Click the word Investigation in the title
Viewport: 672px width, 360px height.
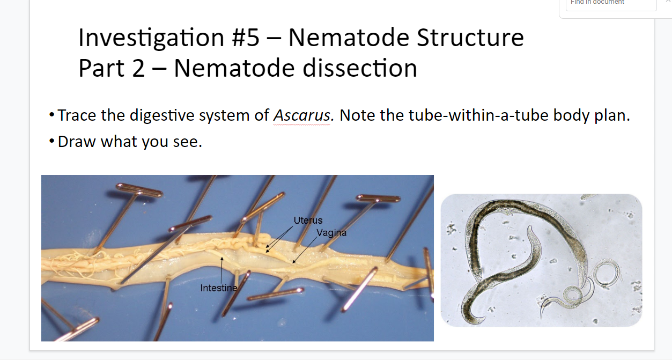151,38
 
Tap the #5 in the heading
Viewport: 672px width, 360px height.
246,38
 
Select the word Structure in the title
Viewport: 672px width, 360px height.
470,38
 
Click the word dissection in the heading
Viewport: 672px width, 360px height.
360,68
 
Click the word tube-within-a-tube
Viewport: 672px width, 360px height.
464,115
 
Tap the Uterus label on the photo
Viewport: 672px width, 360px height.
308,221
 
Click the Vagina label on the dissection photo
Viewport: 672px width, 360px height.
331,233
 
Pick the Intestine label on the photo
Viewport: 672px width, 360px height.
219,288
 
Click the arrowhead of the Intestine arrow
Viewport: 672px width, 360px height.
222,258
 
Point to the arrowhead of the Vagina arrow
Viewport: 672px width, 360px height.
294,262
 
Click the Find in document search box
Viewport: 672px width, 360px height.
611,4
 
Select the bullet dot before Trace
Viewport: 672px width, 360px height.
52,115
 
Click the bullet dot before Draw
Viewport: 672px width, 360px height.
52,141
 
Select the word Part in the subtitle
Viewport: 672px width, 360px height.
101,68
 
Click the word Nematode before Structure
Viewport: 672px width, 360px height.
349,38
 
